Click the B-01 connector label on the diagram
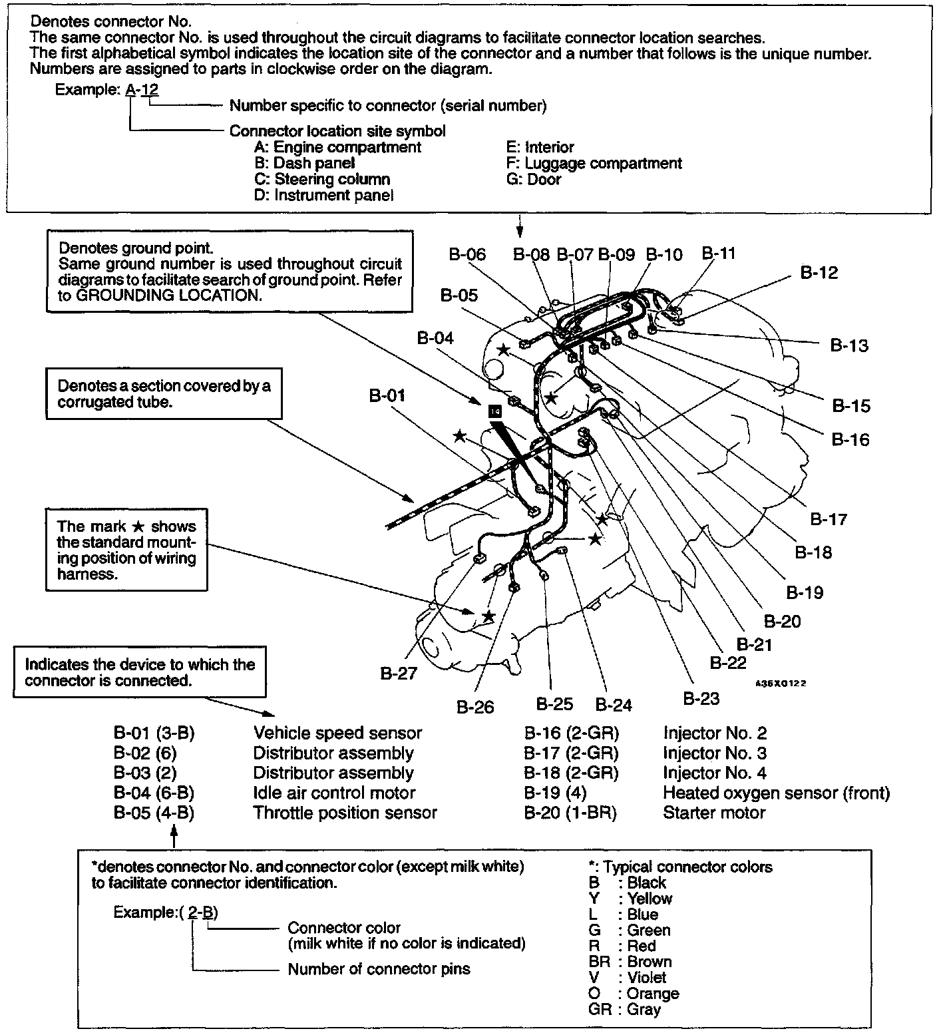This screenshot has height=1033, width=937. click(x=387, y=396)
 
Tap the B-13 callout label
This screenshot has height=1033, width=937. click(x=849, y=345)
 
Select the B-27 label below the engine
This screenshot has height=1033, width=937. click(x=399, y=674)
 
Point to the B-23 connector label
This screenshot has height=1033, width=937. click(x=701, y=698)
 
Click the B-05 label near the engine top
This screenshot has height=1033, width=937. click(x=459, y=296)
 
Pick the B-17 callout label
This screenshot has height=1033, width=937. click(x=829, y=519)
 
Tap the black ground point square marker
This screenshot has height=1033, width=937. click(x=494, y=412)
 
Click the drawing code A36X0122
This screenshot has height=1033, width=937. click(x=781, y=684)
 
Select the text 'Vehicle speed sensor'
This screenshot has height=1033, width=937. click(x=337, y=733)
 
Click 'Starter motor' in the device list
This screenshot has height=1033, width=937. click(x=714, y=813)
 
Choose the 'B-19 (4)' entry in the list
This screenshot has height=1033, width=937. click(x=555, y=793)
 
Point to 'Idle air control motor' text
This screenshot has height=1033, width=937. click(x=334, y=793)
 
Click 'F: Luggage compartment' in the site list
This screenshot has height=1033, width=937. click(x=594, y=163)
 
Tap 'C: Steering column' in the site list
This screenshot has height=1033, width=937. click(x=322, y=179)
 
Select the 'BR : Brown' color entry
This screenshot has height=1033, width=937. click(x=630, y=962)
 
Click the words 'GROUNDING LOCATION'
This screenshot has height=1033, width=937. click(x=167, y=296)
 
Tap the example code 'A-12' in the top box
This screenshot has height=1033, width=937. click(x=142, y=89)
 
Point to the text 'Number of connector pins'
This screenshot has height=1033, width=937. click(x=379, y=969)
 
